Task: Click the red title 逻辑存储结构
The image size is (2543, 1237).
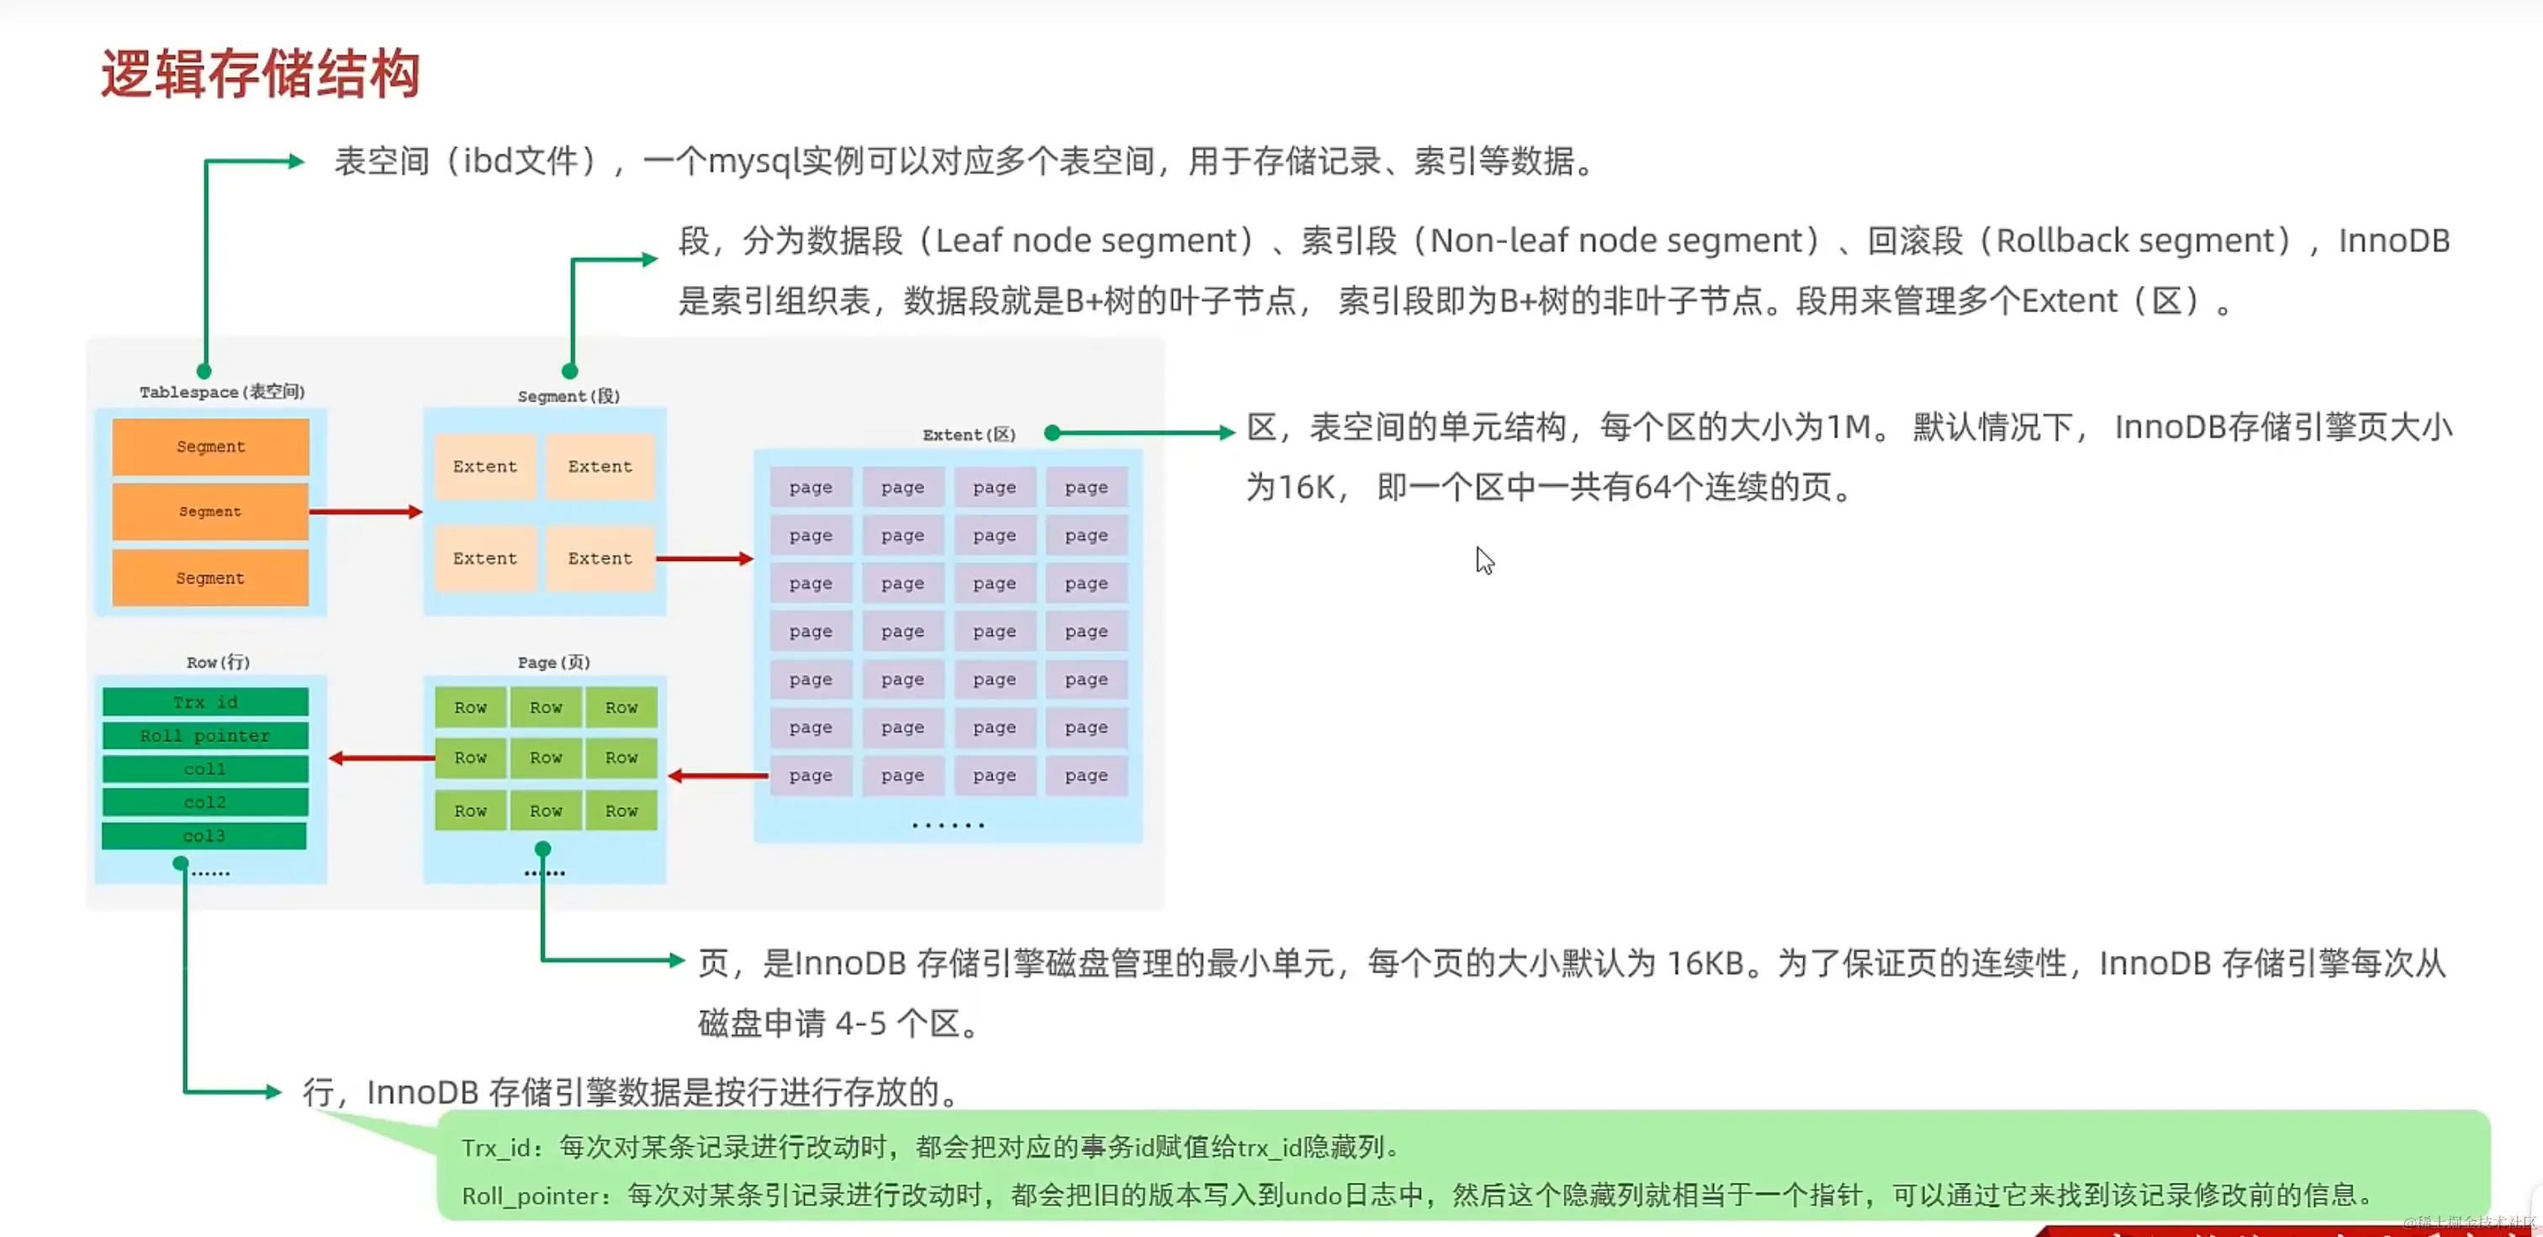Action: coord(261,74)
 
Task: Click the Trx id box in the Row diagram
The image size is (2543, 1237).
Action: coord(205,702)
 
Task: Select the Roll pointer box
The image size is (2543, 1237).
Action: coord(205,736)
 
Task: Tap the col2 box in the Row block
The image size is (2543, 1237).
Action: coord(205,802)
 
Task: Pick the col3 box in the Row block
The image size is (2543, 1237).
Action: coord(204,836)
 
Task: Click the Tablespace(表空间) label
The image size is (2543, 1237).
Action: coord(222,392)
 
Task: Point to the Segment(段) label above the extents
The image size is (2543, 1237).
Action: coord(568,396)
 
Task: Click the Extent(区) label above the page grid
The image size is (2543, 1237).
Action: coord(969,435)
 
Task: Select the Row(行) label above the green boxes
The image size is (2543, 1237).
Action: coord(218,663)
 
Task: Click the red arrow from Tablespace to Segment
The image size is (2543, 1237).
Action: coord(365,511)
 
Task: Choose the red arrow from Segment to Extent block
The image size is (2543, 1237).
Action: coord(704,558)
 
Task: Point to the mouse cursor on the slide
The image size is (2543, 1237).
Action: coord(1483,560)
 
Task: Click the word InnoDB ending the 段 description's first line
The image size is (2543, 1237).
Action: coord(2393,241)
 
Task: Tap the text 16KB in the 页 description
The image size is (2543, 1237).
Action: coord(1705,964)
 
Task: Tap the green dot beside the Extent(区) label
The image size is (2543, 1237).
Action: coord(1052,432)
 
